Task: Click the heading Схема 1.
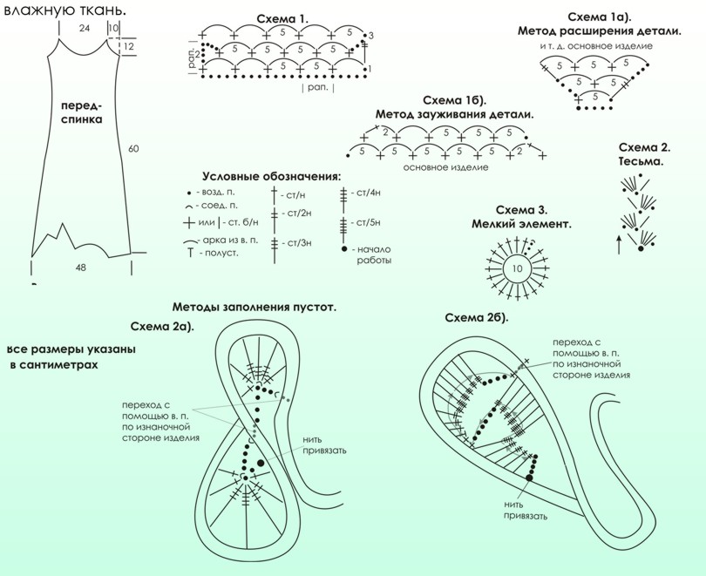(x=282, y=19)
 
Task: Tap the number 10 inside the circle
(x=518, y=268)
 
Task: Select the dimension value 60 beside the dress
(x=133, y=148)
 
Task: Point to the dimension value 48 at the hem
(x=80, y=268)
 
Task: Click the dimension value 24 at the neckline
(x=85, y=29)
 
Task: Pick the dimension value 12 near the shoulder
(x=128, y=46)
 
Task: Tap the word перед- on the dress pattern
(x=82, y=105)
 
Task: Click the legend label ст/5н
(x=369, y=222)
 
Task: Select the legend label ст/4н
(x=369, y=193)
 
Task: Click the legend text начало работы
(x=374, y=254)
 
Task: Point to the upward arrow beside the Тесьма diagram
(x=619, y=244)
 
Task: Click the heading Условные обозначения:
(x=271, y=176)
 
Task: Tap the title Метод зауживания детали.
(x=455, y=114)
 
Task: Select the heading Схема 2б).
(x=477, y=318)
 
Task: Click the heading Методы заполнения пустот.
(x=255, y=308)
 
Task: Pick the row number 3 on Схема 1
(x=371, y=36)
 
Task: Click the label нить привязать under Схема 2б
(x=526, y=511)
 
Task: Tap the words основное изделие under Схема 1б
(x=445, y=167)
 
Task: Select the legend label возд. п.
(x=215, y=192)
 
